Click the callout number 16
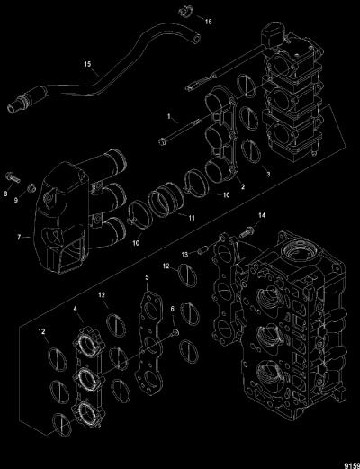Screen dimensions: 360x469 [209, 22]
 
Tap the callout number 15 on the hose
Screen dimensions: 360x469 [87, 64]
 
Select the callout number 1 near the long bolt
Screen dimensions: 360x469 [169, 116]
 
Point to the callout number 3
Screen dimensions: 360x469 [268, 174]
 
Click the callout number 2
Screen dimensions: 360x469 [243, 186]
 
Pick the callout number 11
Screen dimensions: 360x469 [192, 218]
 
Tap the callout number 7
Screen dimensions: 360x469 [19, 238]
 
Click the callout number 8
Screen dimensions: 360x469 [5, 194]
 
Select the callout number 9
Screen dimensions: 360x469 [16, 200]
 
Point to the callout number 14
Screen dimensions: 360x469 [262, 215]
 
